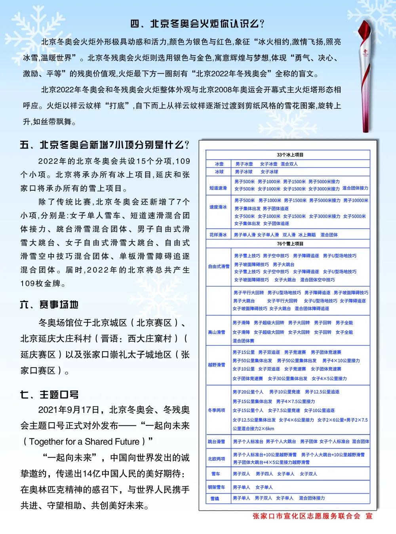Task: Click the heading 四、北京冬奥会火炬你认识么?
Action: tap(198, 24)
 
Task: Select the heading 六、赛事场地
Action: tap(49, 304)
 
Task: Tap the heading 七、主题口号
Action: tap(49, 394)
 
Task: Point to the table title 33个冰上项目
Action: tap(290, 155)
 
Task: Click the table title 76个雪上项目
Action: tap(290, 243)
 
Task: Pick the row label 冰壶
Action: tap(219, 164)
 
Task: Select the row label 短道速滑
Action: tap(218, 188)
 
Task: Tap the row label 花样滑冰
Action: tap(218, 235)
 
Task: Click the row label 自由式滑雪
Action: tap(219, 266)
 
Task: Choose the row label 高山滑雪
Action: tap(217, 332)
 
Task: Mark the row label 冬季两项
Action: tap(217, 410)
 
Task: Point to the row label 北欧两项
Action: tap(217, 459)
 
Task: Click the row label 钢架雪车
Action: tap(217, 487)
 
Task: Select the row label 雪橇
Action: tap(215, 498)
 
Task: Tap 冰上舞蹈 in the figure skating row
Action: tap(307, 235)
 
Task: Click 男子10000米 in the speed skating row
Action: tap(356, 200)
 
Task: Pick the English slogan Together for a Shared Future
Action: tap(84, 442)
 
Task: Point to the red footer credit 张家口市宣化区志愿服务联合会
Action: tap(307, 516)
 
